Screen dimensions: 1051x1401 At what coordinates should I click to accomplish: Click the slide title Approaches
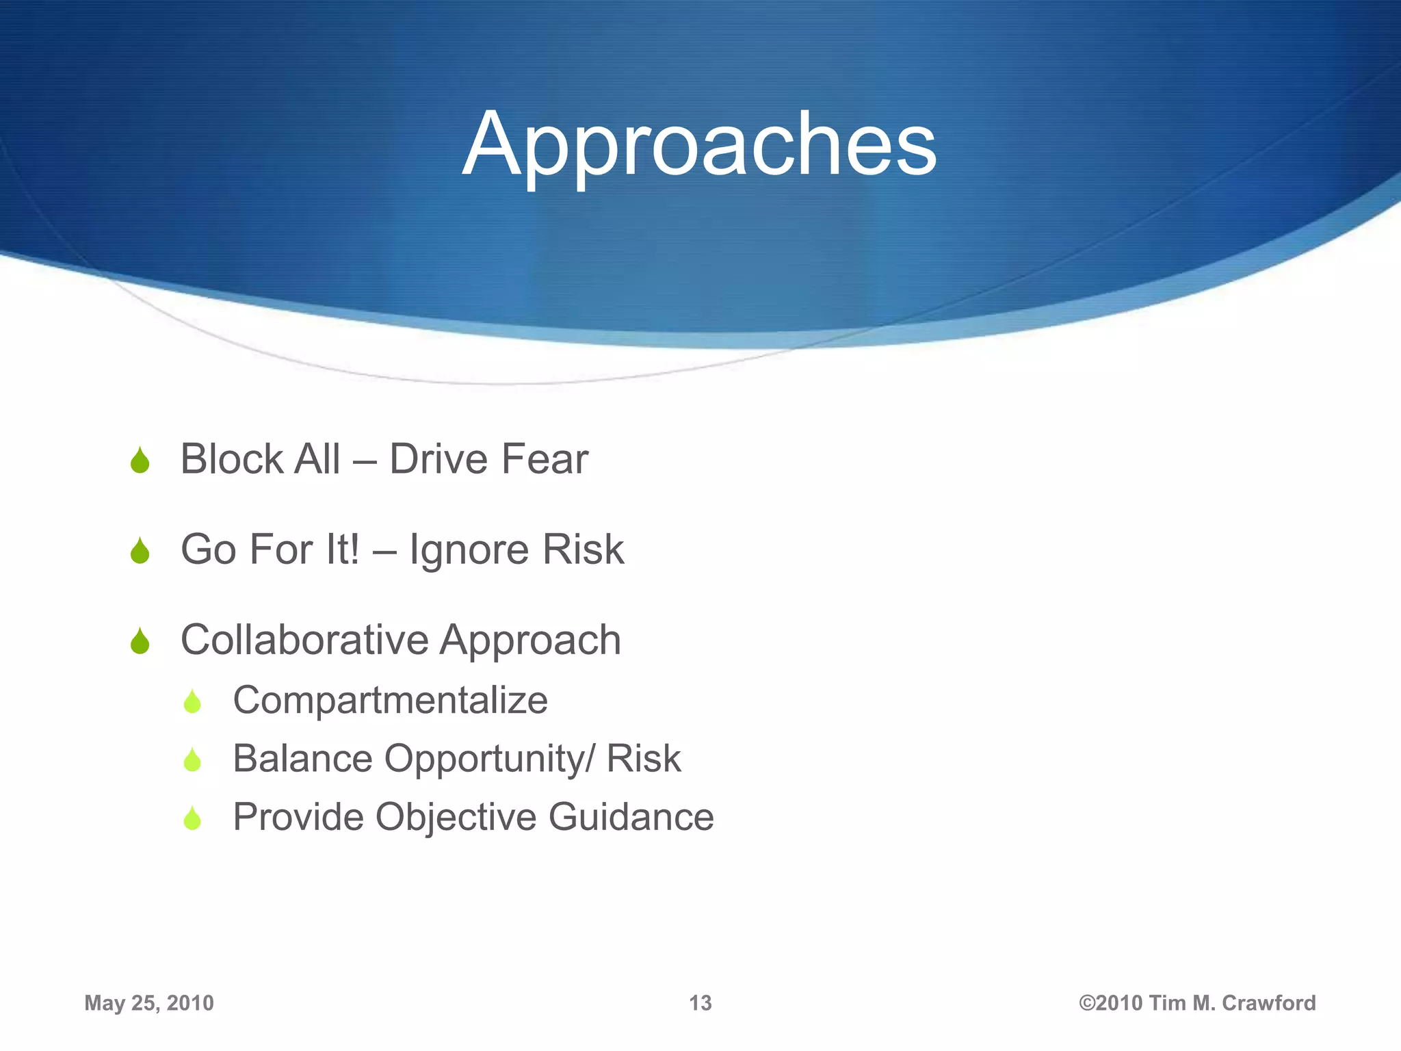tap(699, 145)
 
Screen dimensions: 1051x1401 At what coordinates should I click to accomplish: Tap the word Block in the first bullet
tap(231, 459)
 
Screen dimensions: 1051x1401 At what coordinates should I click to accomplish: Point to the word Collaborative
tap(304, 640)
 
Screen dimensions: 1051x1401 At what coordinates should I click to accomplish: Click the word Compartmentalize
tap(390, 700)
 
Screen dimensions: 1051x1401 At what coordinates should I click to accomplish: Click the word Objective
tap(456, 817)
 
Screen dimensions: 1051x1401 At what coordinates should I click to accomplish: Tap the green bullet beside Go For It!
tap(140, 552)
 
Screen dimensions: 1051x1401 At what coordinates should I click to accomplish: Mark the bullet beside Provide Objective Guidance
tap(192, 819)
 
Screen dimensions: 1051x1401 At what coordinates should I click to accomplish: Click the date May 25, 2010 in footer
tap(149, 1003)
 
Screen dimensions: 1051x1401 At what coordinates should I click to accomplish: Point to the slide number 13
tap(700, 1003)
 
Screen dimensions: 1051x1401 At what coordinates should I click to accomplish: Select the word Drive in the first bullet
tap(438, 459)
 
